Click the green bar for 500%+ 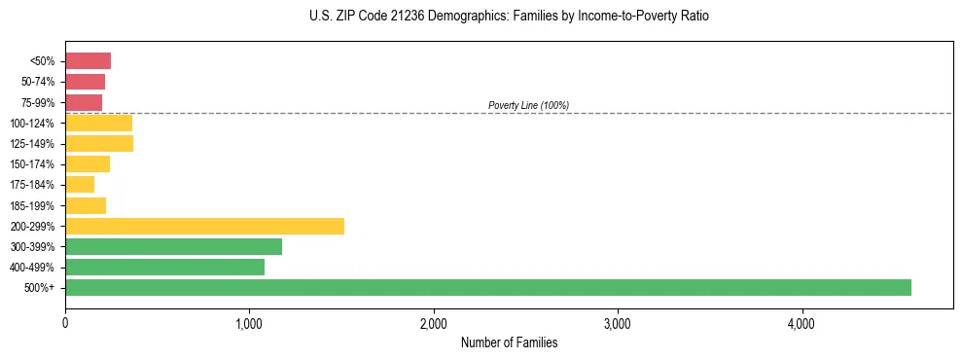[487, 287]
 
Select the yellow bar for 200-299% [204, 226]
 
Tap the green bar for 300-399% [173, 246]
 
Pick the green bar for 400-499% [164, 267]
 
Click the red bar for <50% [88, 61]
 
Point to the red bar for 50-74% [85, 82]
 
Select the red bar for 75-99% [84, 102]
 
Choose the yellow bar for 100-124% [98, 123]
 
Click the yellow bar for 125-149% [99, 143]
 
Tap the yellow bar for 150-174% [88, 163]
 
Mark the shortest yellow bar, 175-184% [80, 184]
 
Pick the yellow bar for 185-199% [86, 205]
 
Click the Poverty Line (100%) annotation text [528, 105]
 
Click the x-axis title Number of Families [509, 342]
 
